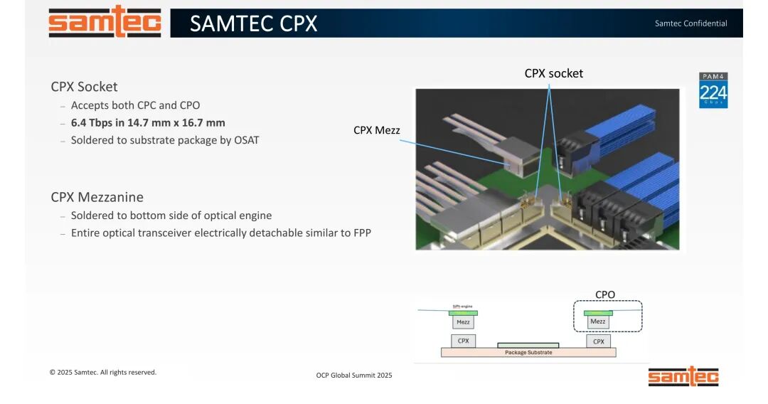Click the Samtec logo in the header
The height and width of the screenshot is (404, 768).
click(x=105, y=22)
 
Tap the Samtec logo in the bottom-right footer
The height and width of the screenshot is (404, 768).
click(x=683, y=376)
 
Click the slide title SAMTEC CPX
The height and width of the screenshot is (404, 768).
click(x=253, y=23)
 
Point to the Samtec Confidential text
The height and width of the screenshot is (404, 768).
click(x=690, y=23)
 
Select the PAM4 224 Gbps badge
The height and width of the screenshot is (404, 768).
click(x=713, y=90)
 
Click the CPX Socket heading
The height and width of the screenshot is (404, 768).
click(x=84, y=87)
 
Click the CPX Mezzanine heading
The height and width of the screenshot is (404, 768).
click(x=97, y=197)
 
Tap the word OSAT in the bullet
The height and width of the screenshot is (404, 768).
click(x=246, y=140)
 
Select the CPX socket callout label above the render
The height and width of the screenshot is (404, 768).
click(x=553, y=73)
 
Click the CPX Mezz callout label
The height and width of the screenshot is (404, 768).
click(x=376, y=130)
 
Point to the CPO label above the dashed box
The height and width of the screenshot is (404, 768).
click(x=605, y=294)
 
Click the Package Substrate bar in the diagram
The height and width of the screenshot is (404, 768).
click(x=528, y=352)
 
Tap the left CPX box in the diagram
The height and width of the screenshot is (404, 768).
click(x=463, y=341)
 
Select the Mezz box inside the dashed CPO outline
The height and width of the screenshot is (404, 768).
click(x=598, y=321)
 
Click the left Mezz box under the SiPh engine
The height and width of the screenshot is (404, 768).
click(x=463, y=322)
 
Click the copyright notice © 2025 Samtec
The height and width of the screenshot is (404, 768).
click(x=102, y=372)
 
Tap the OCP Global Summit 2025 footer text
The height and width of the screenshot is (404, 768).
click(x=353, y=375)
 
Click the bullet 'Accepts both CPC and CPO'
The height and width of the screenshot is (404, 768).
click(x=135, y=105)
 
